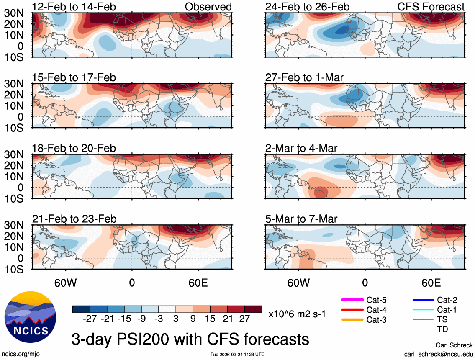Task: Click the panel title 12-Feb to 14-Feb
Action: pyautogui.click(x=74, y=7)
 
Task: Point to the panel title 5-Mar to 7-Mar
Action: pyautogui.click(x=301, y=219)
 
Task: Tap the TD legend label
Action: pyautogui.click(x=442, y=329)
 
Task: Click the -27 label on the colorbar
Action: pyautogui.click(x=90, y=319)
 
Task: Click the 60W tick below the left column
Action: pyautogui.click(x=66, y=283)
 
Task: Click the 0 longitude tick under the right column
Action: pyautogui.click(x=365, y=283)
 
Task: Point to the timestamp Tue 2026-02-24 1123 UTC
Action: pyautogui.click(x=237, y=355)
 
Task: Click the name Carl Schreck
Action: pyautogui.click(x=454, y=345)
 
